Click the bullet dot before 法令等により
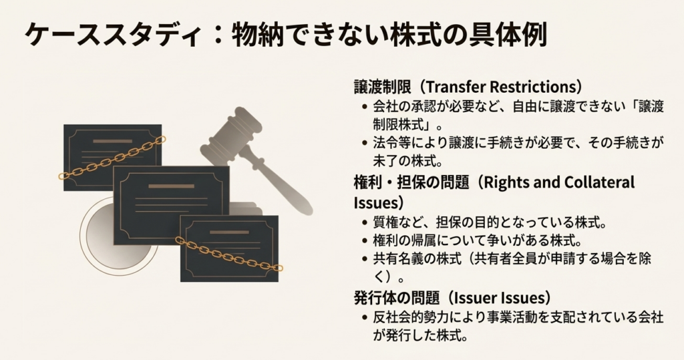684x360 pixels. (363, 143)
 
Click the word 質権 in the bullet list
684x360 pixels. (385, 222)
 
